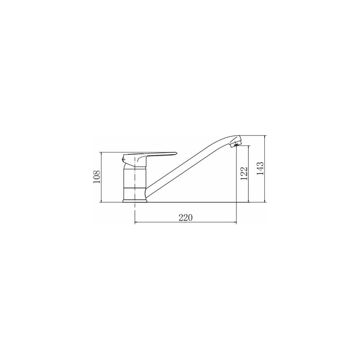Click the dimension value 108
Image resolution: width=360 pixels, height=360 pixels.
tap(96, 177)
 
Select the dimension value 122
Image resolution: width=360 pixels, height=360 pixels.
tap(244, 173)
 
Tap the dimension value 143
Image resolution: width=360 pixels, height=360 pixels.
tap(260, 168)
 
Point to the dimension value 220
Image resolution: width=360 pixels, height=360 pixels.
tap(185, 217)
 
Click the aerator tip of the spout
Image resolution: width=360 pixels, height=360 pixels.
tap(235, 144)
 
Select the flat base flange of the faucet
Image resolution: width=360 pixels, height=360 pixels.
tap(135, 201)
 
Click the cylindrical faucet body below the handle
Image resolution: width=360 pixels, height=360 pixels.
tap(135, 184)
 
